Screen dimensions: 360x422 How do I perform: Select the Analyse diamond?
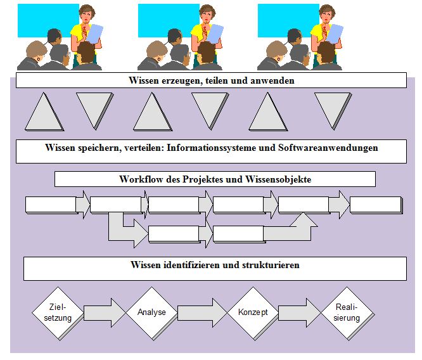pos(151,312)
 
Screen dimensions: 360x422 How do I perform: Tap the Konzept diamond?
pos(253,312)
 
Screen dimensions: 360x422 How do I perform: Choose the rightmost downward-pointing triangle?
pos(333,110)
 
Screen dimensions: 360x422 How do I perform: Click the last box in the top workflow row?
pos(375,205)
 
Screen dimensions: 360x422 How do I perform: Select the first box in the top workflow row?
pos(51,205)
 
